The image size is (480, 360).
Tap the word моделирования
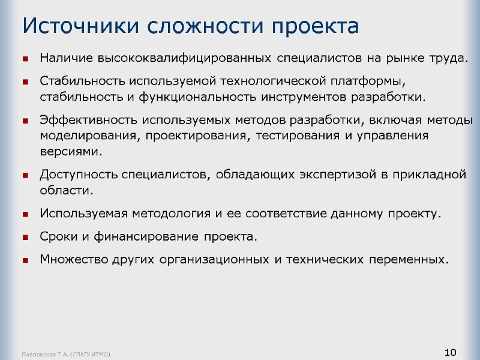88,135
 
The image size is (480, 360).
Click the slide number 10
451,352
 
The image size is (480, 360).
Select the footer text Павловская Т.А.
44,355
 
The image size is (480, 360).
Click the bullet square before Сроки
26,237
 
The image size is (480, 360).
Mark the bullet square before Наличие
26,59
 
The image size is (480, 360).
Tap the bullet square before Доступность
26,175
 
